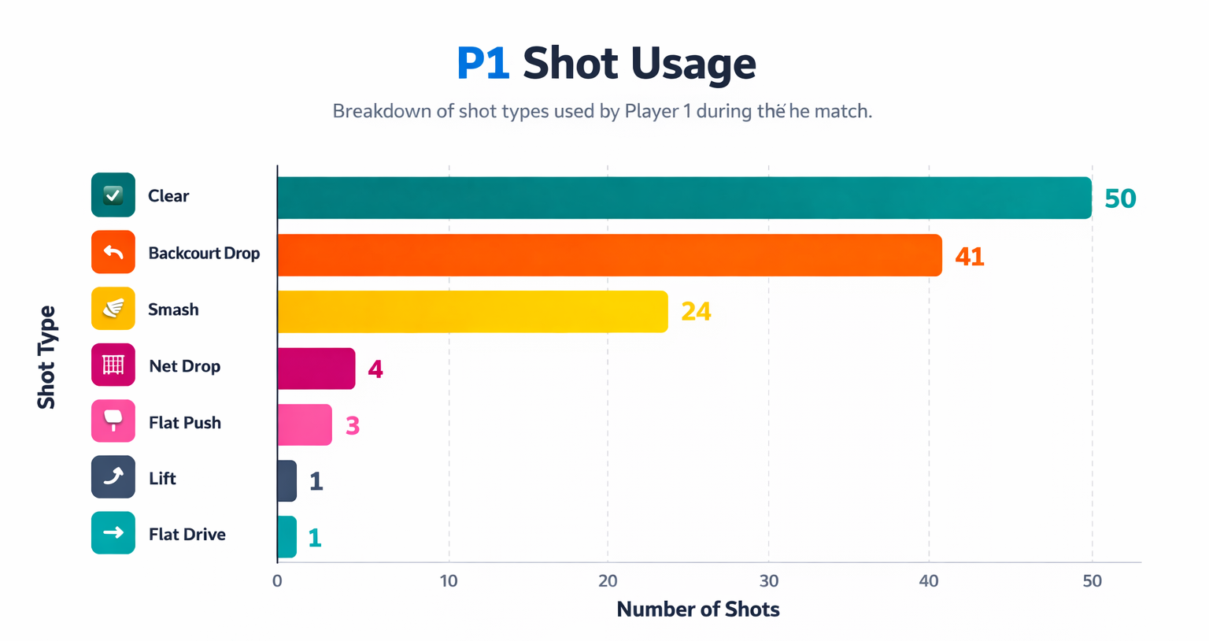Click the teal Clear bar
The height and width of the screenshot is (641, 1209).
coord(683,198)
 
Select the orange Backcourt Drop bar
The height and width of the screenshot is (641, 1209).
coord(609,255)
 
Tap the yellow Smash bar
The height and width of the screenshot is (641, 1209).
coord(472,312)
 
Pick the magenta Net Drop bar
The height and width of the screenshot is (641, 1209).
coord(316,369)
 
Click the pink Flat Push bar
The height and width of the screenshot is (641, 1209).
coord(305,425)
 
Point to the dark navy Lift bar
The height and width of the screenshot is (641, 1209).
coord(287,481)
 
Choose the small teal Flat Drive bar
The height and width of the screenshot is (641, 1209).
coord(287,537)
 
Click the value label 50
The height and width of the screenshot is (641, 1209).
coord(1120,198)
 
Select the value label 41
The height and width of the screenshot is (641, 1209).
coord(969,257)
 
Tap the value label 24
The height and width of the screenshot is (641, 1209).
coord(696,312)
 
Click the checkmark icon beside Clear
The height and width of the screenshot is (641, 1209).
coord(113,195)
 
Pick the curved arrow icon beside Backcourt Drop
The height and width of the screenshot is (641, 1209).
coord(113,252)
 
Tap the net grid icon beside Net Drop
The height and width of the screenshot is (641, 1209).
coord(113,365)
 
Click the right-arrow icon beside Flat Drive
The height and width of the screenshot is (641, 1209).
coord(113,533)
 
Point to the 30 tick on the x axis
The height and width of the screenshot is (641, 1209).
coord(768,581)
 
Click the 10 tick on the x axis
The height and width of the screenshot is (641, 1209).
coord(449,581)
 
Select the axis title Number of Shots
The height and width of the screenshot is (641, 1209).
coord(697,610)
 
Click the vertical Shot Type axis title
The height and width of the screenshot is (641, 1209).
coord(46,357)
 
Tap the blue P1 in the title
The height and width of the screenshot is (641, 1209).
coord(482,64)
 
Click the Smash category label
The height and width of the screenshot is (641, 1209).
coord(173,309)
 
